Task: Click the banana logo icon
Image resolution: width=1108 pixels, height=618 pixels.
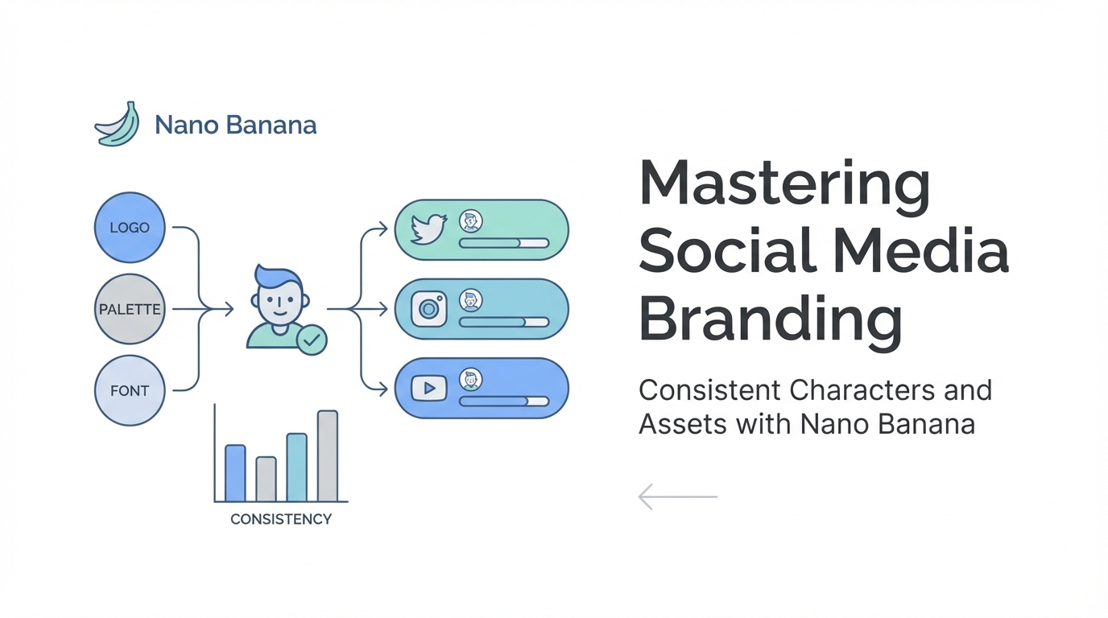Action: click(118, 124)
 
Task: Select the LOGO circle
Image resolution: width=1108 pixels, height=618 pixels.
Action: click(130, 228)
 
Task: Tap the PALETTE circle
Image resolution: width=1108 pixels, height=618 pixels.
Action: click(130, 309)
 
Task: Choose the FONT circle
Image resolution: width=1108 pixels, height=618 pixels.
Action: click(130, 390)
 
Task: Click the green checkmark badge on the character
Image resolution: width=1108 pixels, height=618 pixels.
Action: click(312, 340)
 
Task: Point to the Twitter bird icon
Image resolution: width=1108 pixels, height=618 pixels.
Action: click(429, 229)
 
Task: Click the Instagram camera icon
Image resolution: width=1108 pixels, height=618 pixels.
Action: click(429, 309)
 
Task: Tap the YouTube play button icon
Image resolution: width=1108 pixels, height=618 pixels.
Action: click(429, 388)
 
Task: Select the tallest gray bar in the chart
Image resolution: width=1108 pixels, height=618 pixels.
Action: click(328, 455)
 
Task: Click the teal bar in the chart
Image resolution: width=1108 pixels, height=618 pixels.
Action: click(297, 468)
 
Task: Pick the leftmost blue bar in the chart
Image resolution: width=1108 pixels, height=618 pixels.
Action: click(235, 473)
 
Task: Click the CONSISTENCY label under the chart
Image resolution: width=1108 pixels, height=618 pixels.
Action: click(281, 519)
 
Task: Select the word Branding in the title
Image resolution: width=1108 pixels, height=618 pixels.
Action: click(771, 321)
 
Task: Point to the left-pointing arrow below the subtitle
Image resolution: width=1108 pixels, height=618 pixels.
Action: click(678, 496)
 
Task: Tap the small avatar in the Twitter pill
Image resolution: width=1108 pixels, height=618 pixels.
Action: click(470, 221)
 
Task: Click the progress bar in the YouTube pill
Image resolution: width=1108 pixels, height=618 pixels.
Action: click(504, 401)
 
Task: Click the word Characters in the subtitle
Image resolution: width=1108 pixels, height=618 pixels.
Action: click(862, 390)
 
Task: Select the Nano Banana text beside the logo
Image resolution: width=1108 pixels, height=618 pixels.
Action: click(235, 125)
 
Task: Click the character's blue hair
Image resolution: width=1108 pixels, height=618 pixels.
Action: click(278, 278)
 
